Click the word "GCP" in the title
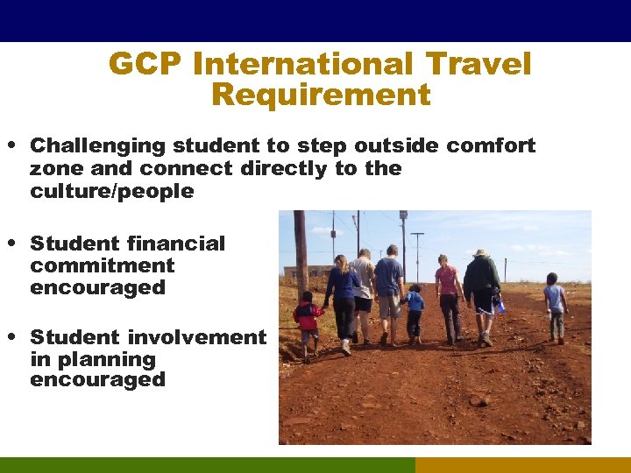144,64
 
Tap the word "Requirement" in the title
321,95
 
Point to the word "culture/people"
111,191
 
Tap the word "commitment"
102,265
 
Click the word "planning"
93,359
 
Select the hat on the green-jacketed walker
479,253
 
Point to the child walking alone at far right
554,307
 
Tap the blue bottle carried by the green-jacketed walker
499,304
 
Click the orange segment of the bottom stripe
522,465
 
